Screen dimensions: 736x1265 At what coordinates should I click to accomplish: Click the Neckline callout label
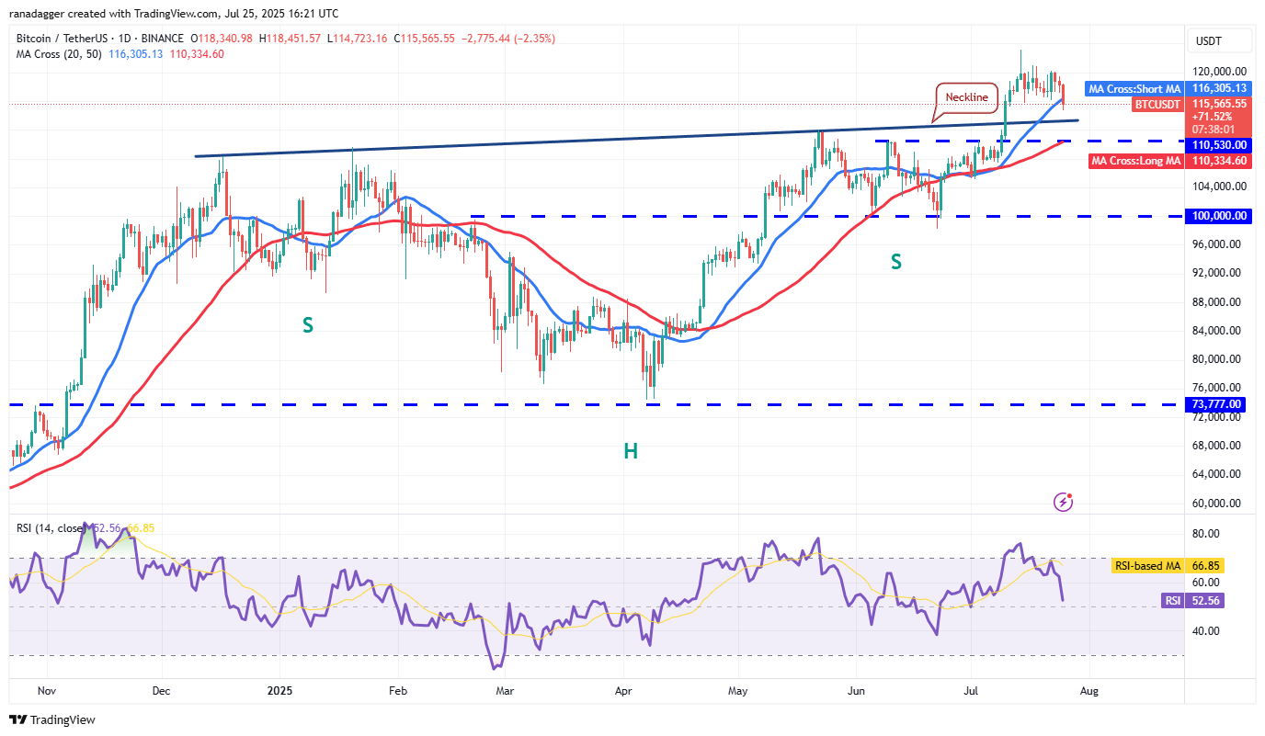point(966,97)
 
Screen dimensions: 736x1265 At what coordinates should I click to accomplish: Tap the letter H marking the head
point(630,450)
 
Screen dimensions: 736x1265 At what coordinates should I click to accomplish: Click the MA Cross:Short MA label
point(1134,88)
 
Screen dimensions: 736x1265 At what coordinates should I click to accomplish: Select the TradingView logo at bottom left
point(52,719)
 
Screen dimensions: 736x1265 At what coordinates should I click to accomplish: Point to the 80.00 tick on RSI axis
point(1206,534)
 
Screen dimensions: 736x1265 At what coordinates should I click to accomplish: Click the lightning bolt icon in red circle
point(1064,502)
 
